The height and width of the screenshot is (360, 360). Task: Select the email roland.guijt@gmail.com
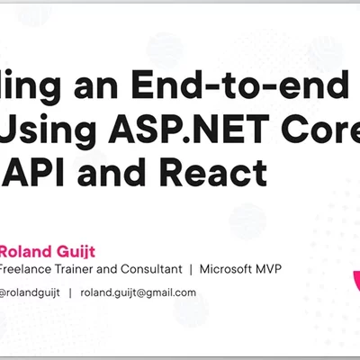click(x=138, y=292)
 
